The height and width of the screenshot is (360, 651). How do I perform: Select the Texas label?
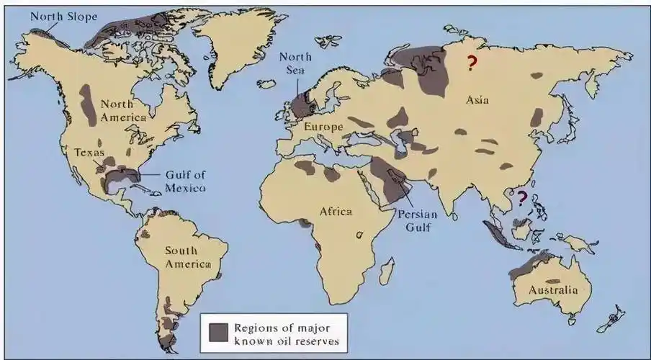(x=90, y=153)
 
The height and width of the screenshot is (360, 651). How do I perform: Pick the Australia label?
(x=553, y=290)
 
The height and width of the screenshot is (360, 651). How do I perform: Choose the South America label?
(x=188, y=257)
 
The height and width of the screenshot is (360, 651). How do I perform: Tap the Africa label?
(x=336, y=211)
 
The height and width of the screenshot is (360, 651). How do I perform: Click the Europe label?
(x=320, y=127)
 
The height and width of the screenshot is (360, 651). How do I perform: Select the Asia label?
(x=477, y=100)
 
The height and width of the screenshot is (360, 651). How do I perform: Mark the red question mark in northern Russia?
(x=472, y=64)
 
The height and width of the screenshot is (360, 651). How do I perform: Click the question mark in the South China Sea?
(x=522, y=195)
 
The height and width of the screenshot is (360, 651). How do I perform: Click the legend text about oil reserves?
(x=286, y=333)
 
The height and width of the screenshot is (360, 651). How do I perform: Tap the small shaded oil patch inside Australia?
(x=553, y=280)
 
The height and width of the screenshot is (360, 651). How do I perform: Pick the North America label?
(x=123, y=110)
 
